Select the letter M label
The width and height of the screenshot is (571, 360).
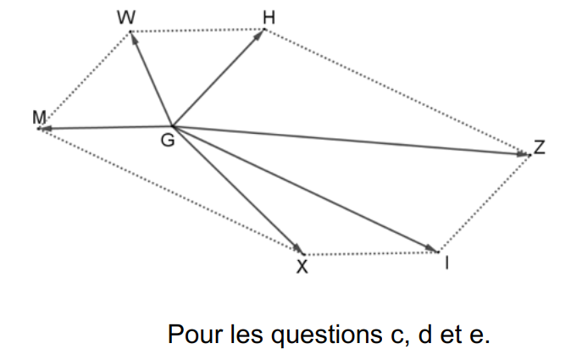[38, 117]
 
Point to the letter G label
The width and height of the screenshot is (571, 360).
[169, 141]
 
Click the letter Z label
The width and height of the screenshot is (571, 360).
[540, 148]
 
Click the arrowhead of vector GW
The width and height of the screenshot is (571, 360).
[133, 38]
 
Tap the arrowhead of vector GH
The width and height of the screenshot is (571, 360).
[260, 35]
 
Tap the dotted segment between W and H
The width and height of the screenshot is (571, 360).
[197, 31]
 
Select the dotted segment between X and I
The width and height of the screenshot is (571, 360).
[371, 252]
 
